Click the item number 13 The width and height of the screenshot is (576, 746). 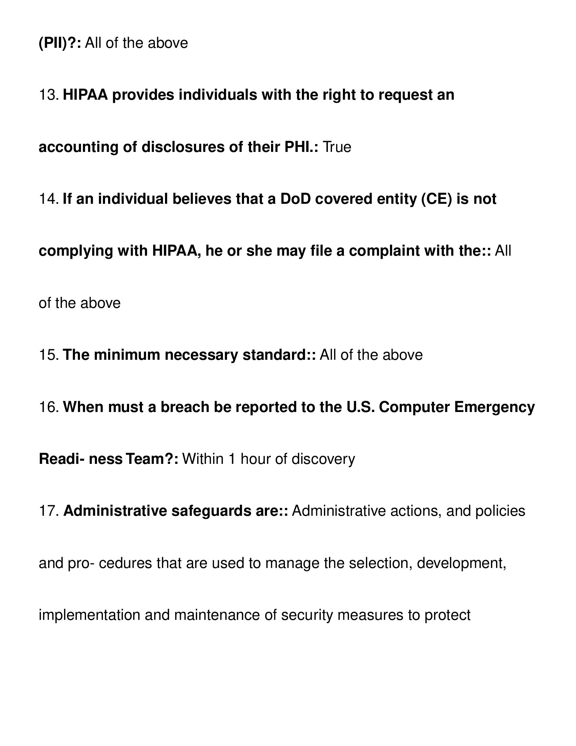pos(49,95)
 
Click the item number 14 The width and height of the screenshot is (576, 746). pos(49,199)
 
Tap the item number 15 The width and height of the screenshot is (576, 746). pos(49,355)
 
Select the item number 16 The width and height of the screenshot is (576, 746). pos(49,407)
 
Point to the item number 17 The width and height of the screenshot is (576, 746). pos(49,511)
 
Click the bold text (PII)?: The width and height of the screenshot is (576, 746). pos(60,43)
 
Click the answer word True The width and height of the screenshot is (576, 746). pos(337,147)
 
